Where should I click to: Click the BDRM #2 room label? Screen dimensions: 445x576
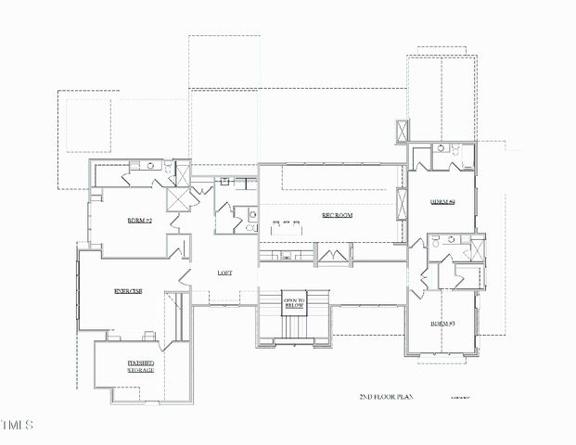click(139, 221)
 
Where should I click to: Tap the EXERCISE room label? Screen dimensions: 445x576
click(128, 291)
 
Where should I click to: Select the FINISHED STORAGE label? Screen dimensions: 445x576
click(141, 366)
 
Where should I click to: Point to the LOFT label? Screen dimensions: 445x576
click(224, 273)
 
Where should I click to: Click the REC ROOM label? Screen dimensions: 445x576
click(338, 215)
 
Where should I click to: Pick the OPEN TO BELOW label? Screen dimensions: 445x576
click(294, 303)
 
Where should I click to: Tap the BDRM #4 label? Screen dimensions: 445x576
click(442, 201)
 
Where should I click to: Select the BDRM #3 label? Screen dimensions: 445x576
click(442, 324)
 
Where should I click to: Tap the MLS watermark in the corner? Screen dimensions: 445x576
click(17, 426)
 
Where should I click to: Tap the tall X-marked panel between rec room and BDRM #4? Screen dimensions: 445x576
click(402, 202)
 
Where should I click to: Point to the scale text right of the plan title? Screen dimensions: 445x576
click(461, 397)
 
